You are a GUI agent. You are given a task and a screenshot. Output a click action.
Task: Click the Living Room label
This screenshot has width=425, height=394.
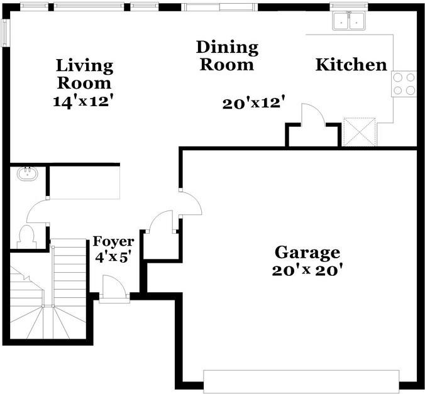click(x=84, y=74)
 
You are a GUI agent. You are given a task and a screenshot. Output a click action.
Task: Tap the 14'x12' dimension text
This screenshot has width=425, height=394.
click(x=82, y=102)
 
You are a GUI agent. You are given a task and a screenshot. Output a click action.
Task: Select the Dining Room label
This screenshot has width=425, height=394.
click(x=227, y=56)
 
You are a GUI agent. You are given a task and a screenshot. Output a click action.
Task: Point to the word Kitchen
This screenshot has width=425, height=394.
click(x=351, y=65)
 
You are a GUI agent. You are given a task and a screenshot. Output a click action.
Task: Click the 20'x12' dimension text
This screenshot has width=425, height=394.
click(x=255, y=103)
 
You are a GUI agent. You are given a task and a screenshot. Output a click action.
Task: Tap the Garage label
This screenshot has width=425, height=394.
click(x=307, y=253)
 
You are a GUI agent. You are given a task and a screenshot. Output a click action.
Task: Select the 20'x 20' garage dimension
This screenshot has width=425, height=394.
click(x=307, y=270)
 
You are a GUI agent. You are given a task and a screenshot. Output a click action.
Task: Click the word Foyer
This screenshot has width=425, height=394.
click(x=113, y=241)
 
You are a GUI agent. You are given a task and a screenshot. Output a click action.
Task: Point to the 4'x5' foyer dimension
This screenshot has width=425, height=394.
click(x=113, y=257)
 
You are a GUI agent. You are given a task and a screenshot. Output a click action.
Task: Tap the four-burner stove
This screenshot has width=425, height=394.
click(x=404, y=84)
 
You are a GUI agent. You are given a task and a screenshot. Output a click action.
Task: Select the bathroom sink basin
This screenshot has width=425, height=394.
click(x=28, y=173)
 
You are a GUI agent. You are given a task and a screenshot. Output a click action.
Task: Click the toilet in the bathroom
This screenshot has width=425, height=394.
click(x=26, y=236)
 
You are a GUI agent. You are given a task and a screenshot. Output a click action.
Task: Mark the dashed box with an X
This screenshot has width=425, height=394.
click(x=360, y=132)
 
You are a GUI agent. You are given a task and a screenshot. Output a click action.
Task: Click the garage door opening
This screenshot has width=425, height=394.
click(x=301, y=381)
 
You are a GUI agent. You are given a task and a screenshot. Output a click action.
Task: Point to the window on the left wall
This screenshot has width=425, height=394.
click(x=6, y=33)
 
